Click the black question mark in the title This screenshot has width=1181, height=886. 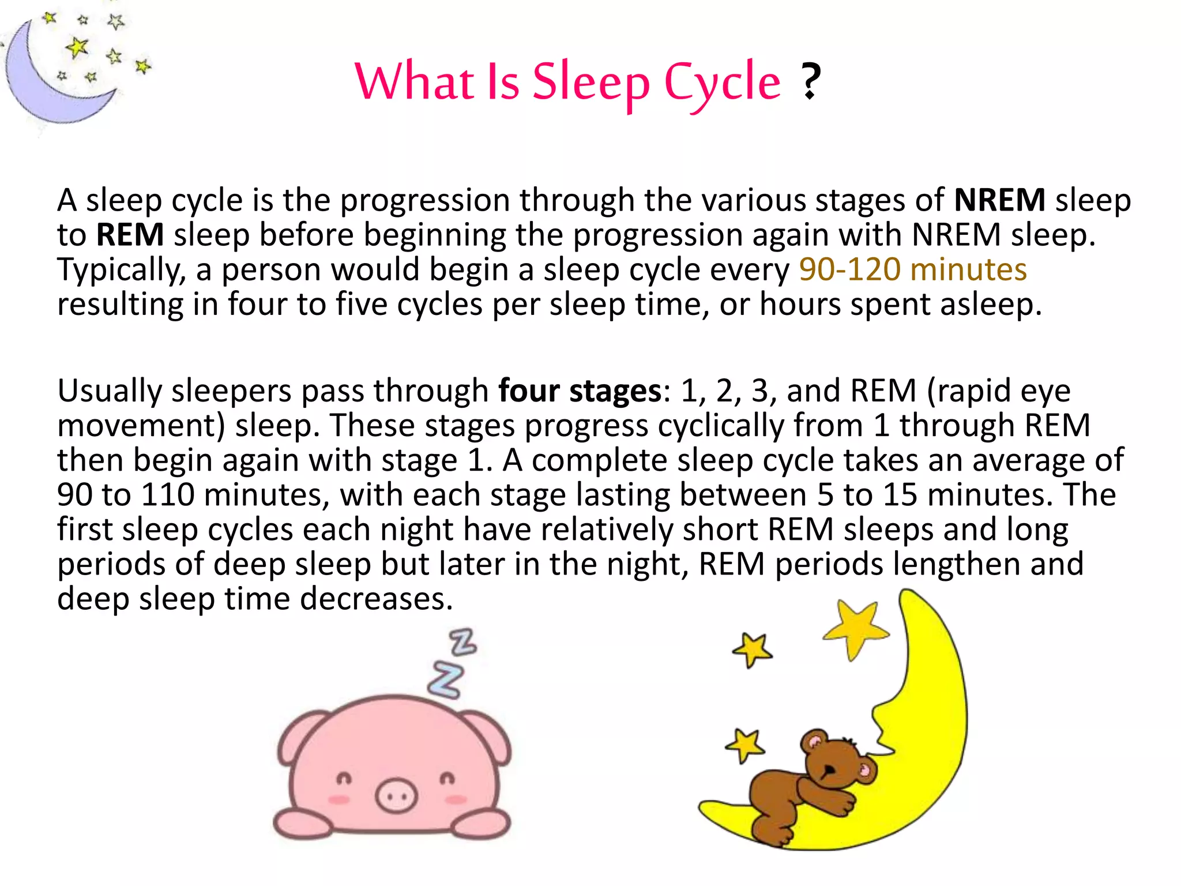pyautogui.click(x=810, y=81)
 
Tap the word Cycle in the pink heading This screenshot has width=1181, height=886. pyautogui.click(x=723, y=84)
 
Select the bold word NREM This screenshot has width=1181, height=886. pyautogui.click(x=999, y=200)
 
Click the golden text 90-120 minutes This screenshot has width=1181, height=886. pyautogui.click(x=913, y=269)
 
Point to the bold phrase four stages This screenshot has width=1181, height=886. pyautogui.click(x=580, y=391)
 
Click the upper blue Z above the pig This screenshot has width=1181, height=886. pyautogui.click(x=463, y=642)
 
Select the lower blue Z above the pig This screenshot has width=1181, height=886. pyautogui.click(x=445, y=681)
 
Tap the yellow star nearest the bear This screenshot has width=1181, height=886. pyautogui.click(x=746, y=745)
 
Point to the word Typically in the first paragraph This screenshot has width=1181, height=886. pyautogui.click(x=121, y=270)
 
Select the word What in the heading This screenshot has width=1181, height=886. pyautogui.click(x=414, y=82)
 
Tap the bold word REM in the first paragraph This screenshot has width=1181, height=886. pyautogui.click(x=130, y=235)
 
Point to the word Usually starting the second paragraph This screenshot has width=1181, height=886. pyautogui.click(x=110, y=391)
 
